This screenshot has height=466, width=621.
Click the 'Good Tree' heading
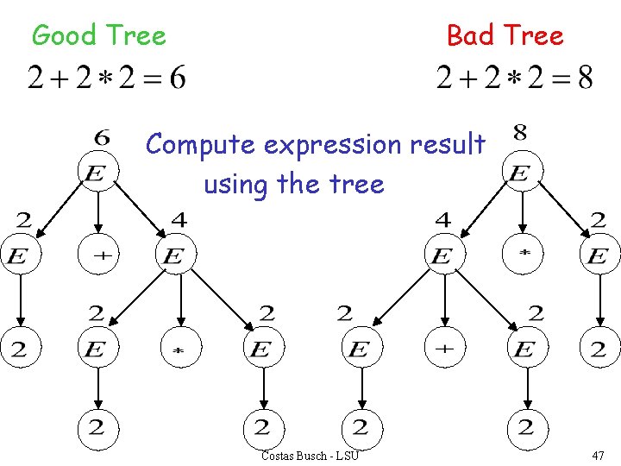click(98, 35)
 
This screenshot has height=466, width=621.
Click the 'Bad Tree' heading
click(505, 35)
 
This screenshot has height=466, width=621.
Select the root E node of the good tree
click(97, 173)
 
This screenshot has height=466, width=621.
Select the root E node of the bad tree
click(519, 173)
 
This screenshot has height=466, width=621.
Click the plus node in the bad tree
click(442, 348)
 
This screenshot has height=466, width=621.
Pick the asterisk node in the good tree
click(179, 349)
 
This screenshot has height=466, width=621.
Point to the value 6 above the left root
click(102, 137)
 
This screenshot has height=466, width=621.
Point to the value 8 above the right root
click(520, 134)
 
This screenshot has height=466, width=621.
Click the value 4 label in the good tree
click(179, 220)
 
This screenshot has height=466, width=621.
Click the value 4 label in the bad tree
click(442, 220)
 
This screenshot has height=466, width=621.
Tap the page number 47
click(598, 455)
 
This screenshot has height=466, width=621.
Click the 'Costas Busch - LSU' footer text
click(310, 455)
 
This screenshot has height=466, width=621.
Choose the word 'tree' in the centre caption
click(355, 183)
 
